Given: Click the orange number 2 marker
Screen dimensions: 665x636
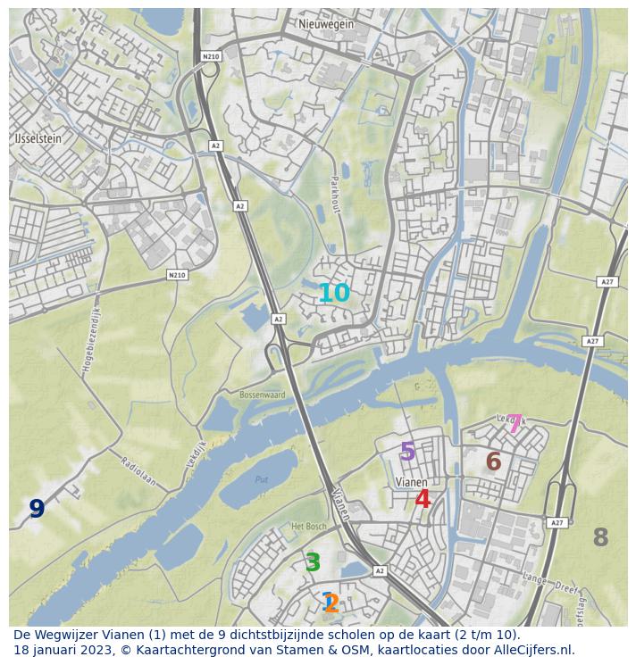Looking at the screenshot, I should pos(332,604).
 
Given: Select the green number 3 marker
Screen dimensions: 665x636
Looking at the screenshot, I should pos(313,563).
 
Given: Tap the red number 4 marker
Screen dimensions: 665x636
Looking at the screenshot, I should pos(423,500).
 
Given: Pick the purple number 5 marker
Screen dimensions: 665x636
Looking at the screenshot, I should pos(407,452).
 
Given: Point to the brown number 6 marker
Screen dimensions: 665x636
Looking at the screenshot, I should pos(493,462).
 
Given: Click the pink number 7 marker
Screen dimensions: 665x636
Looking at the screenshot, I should pos(515,424).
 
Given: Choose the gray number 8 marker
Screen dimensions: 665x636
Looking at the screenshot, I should pos(600,537).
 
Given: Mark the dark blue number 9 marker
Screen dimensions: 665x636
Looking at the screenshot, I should pos(37,509).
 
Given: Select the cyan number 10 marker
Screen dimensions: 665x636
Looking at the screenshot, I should pos(334,293).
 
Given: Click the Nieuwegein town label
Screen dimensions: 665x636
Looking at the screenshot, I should pos(326,24).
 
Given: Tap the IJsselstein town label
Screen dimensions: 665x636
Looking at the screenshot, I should pos(38,139).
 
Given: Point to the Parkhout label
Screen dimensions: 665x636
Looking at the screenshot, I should pos(338,193).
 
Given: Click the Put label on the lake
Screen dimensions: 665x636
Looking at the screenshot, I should pos(261,479).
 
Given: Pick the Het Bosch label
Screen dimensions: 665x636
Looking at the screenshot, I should pos(309,527).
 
